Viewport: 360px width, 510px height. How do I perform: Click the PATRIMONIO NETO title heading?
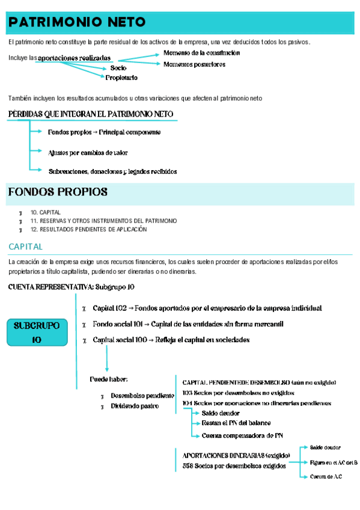pos(77,23)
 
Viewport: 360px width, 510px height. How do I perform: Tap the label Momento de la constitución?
pos(201,53)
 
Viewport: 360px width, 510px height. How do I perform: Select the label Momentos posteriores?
pos(194,64)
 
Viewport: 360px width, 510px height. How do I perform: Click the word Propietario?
pos(121,78)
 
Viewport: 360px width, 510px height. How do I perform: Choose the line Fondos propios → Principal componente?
pos(104,132)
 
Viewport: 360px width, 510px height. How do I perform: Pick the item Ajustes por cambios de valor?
pos(88,153)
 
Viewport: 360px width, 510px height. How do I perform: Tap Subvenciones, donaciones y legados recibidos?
pos(112,171)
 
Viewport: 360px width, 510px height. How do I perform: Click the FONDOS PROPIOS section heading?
pos(58,192)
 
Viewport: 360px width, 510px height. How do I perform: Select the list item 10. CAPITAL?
pos(45,212)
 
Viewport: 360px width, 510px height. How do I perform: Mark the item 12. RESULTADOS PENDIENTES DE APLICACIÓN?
pos(88,229)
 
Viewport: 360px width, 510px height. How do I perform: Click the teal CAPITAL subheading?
pos(26,247)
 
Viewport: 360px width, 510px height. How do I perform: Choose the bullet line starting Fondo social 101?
pos(188,324)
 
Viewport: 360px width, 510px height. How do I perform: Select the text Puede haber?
pos(109,379)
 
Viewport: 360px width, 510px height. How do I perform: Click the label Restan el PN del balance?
pos(236,423)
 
